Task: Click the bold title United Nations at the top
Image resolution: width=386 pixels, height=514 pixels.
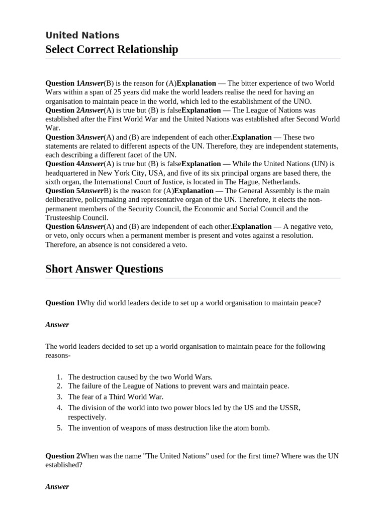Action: (x=82, y=35)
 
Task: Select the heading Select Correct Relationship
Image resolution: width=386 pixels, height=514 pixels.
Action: (x=112, y=49)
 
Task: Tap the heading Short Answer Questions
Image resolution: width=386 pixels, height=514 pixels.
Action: (x=104, y=269)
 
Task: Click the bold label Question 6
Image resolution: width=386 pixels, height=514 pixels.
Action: (x=63, y=227)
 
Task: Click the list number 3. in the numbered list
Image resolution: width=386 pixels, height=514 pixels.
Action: (x=59, y=397)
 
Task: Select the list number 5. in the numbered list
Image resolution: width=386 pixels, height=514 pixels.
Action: (x=59, y=428)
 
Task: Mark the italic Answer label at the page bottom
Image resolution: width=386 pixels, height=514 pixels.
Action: (x=57, y=487)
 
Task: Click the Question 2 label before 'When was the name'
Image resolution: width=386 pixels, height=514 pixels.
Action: (x=63, y=456)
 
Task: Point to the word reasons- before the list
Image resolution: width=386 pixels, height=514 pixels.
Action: (x=58, y=355)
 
